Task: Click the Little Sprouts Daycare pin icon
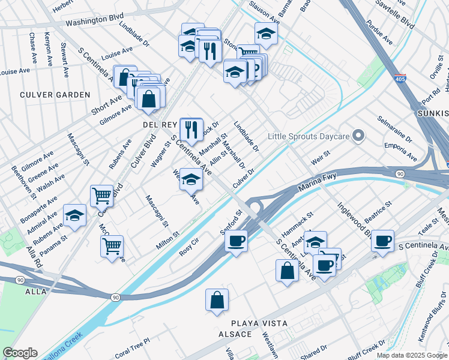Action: click(x=359, y=137)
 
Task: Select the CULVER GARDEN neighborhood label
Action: click(x=55, y=95)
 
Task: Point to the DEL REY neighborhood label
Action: click(x=160, y=124)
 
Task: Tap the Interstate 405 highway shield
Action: click(x=400, y=78)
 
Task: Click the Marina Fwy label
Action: click(x=316, y=182)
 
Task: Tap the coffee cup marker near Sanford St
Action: click(x=236, y=241)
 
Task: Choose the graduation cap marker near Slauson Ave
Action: click(x=266, y=34)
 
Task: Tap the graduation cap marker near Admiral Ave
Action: click(x=75, y=216)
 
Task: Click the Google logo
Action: click(x=20, y=353)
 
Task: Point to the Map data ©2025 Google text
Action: click(x=411, y=355)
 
